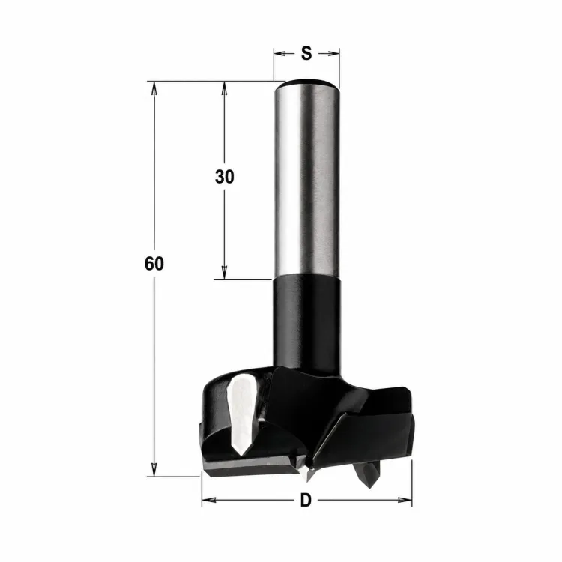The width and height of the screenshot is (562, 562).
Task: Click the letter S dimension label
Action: click(x=306, y=53)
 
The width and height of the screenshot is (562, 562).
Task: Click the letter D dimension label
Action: click(x=306, y=500)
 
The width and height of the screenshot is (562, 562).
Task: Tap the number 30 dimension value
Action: click(x=224, y=177)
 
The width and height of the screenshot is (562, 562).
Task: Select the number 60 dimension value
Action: click(x=154, y=264)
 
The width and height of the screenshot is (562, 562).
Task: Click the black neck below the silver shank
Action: click(x=306, y=322)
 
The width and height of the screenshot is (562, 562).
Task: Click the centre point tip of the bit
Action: click(x=308, y=475)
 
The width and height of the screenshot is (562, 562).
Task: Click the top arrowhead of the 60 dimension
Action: click(x=154, y=88)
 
